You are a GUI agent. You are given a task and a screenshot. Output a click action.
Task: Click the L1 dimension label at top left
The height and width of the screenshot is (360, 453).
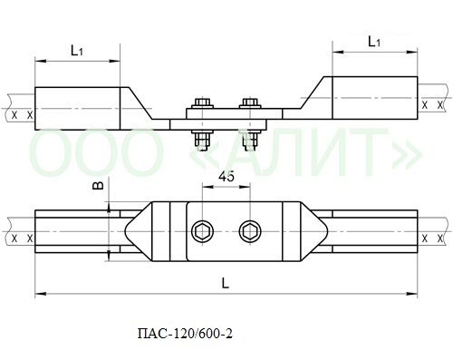click(x=77, y=51)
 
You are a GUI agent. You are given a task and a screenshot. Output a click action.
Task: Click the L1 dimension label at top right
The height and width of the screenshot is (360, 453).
click(x=374, y=42)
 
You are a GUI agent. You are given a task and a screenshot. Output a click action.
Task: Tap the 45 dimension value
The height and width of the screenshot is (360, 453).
click(x=226, y=177)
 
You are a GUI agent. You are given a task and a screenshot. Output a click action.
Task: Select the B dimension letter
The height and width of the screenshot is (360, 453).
click(x=98, y=185)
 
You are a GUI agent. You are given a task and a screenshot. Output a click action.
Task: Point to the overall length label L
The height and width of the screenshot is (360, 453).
click(x=226, y=283)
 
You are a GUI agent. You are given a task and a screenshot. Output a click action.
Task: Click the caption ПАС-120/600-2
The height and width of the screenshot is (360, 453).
click(x=185, y=334)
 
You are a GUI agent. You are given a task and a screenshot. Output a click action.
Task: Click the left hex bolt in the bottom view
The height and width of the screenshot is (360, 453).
click(x=202, y=232)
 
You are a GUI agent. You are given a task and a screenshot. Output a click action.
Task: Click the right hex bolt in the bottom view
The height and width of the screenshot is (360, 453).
click(x=250, y=232)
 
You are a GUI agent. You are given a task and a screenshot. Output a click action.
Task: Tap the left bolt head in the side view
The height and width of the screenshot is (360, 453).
click(x=202, y=102)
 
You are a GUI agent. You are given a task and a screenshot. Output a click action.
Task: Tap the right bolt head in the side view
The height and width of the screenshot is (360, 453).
click(x=250, y=102)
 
